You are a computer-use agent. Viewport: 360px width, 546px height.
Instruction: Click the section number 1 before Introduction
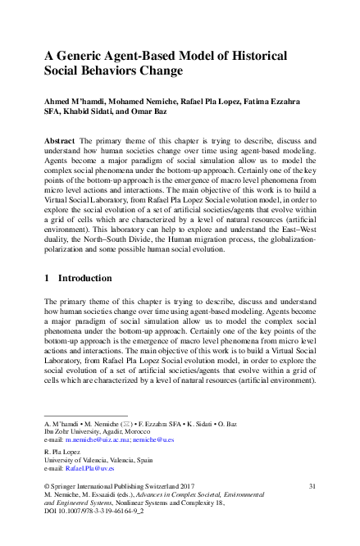(47, 279)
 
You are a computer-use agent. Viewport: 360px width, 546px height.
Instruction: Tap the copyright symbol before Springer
(47, 486)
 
